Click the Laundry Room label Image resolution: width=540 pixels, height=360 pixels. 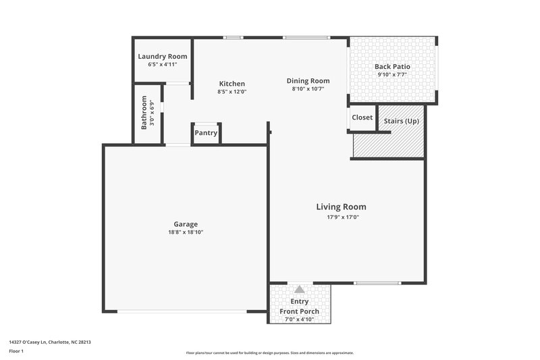click(162, 57)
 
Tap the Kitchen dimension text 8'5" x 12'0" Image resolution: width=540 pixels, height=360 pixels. click(232, 91)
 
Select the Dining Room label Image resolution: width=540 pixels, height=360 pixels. click(308, 80)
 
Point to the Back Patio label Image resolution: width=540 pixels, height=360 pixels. click(392, 67)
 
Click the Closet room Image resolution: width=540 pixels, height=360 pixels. click(362, 118)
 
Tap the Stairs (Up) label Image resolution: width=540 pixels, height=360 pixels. click(401, 121)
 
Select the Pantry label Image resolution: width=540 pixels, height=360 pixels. click(206, 133)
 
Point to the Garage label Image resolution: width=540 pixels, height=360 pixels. click(186, 224)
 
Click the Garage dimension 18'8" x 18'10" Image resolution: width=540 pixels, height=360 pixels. click(186, 232)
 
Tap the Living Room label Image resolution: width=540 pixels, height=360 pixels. click(341, 207)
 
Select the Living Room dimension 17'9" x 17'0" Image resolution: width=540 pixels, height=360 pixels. click(341, 217)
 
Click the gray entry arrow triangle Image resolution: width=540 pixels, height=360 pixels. click(299, 289)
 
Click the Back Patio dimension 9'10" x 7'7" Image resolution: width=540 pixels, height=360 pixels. click(392, 75)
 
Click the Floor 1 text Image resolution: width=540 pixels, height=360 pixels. click(16, 352)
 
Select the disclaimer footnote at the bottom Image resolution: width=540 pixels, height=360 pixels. click(269, 353)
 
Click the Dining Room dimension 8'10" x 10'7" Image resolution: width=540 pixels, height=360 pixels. click(308, 88)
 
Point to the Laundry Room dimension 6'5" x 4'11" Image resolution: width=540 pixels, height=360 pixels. click(162, 65)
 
